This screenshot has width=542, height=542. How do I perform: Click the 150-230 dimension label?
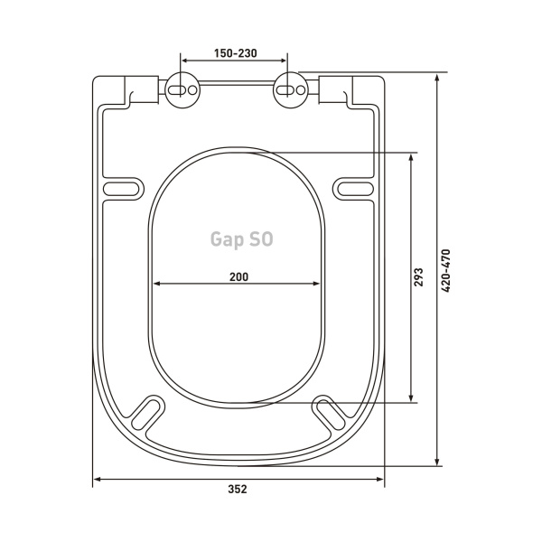point(236,53)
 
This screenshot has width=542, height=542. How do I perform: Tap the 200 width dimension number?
point(238,277)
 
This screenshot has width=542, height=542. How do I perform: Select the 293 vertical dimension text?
point(418,277)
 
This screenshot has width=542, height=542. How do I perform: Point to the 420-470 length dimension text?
point(446,271)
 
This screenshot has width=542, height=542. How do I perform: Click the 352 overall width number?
point(238,489)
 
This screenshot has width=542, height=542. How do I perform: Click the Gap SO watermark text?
point(241,239)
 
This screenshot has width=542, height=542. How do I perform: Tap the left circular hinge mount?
point(182,90)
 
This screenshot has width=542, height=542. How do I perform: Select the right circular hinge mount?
point(291,90)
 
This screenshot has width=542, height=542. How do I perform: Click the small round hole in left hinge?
point(192,90)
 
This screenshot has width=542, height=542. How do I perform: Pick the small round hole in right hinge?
point(301,90)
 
